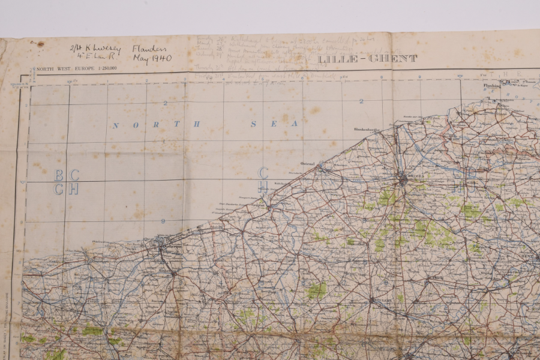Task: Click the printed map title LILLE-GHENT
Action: click(367, 59)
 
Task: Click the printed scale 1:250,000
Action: click(104, 68)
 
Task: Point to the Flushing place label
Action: click(491, 86)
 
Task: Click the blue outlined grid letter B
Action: click(59, 175)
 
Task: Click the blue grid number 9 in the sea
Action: click(163, 221)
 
